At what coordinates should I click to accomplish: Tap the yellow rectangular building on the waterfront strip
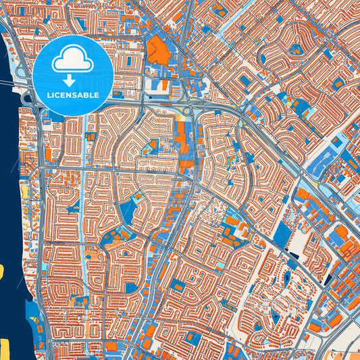(26, 192)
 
